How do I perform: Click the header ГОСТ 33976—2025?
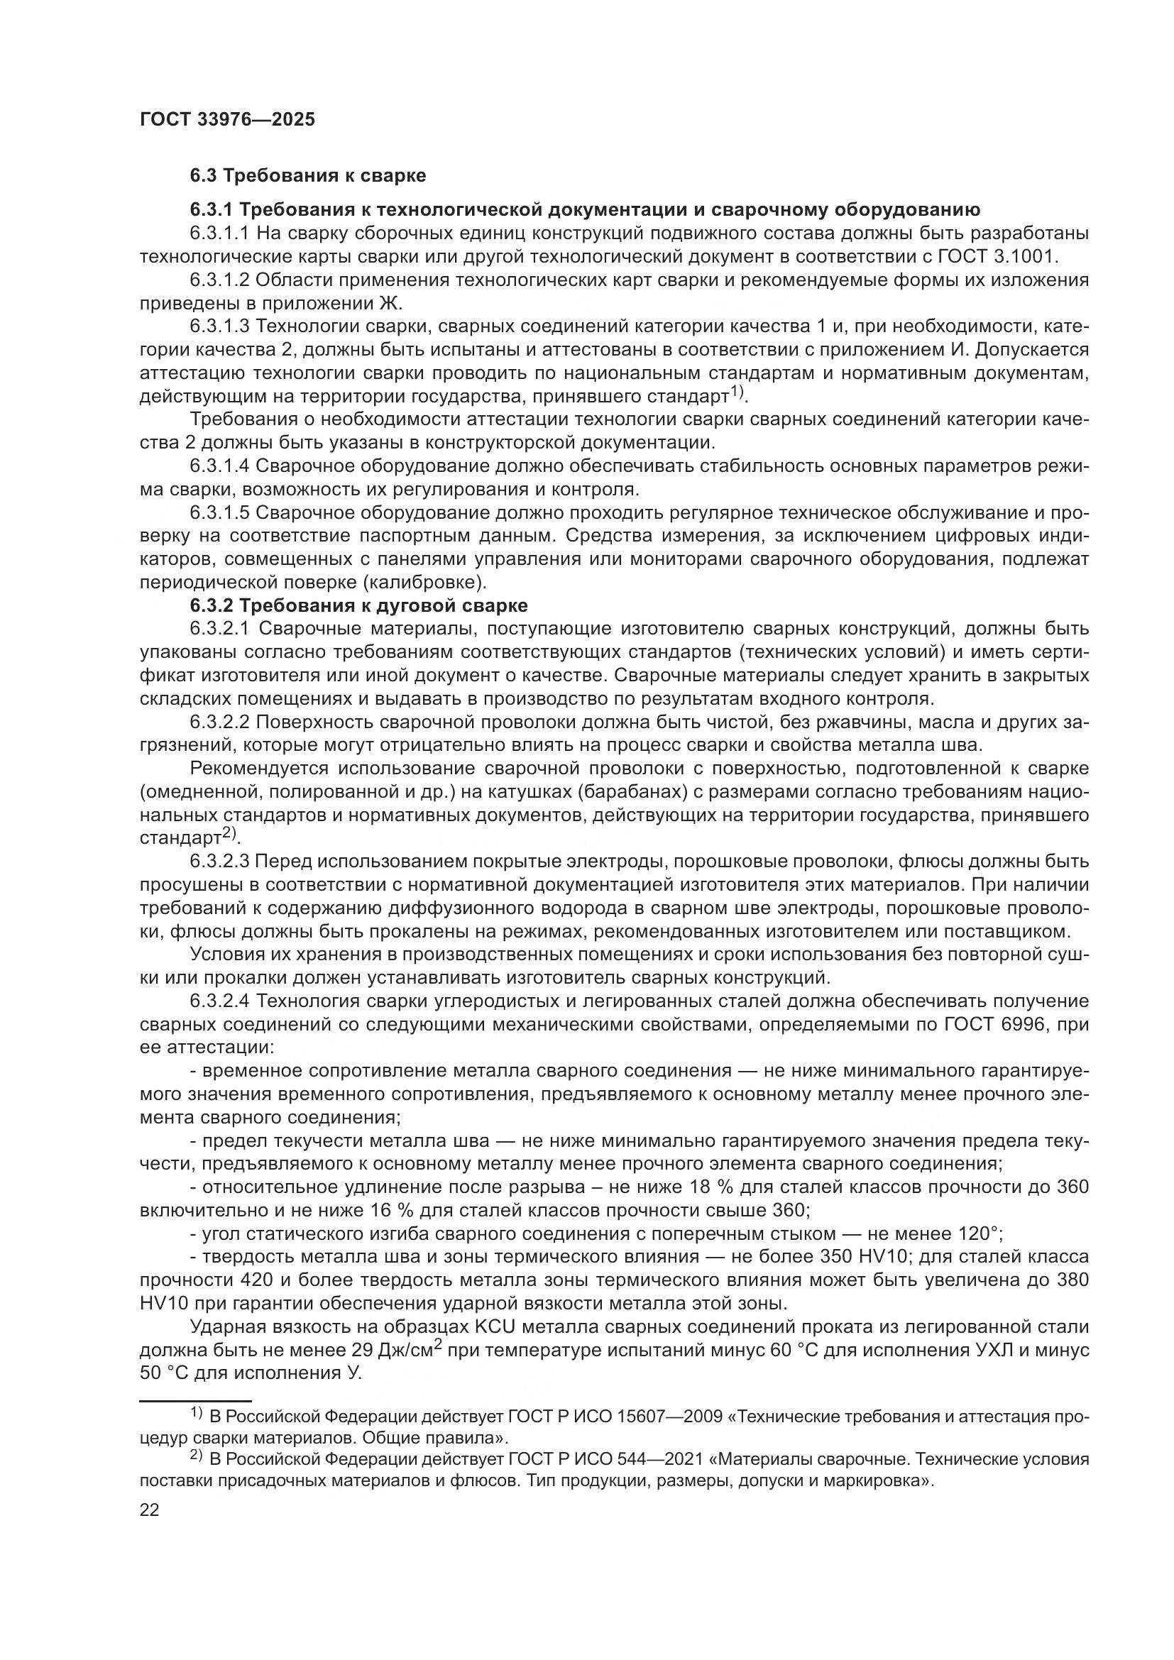pos(227,120)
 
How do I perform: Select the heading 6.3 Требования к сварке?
pos(308,176)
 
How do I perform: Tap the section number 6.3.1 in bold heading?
pos(210,210)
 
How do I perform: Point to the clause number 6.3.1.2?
pos(220,280)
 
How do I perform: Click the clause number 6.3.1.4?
pos(220,466)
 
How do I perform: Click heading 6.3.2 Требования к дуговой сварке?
pos(358,605)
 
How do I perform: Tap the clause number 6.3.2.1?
pos(220,629)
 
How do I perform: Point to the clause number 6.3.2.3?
pos(220,862)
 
